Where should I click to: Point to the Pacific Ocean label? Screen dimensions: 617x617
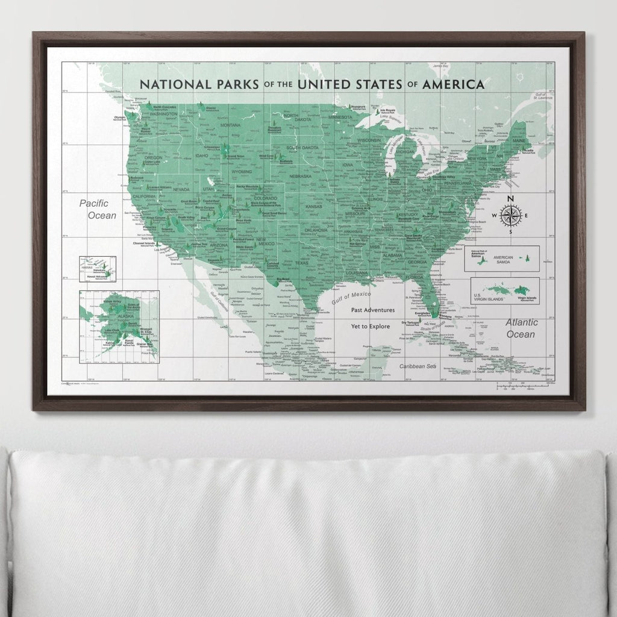point(98,209)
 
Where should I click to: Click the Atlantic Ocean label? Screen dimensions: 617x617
point(521,328)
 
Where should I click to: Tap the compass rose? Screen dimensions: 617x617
point(511,216)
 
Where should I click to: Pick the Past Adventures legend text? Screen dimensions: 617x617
point(373,310)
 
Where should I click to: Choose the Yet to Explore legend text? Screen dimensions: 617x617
point(372,326)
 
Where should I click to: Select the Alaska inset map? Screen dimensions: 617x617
point(119,326)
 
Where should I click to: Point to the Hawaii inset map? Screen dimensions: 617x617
point(97,269)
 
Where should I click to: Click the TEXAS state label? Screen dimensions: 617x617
point(301,263)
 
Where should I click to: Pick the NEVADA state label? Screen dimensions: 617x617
point(181,189)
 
